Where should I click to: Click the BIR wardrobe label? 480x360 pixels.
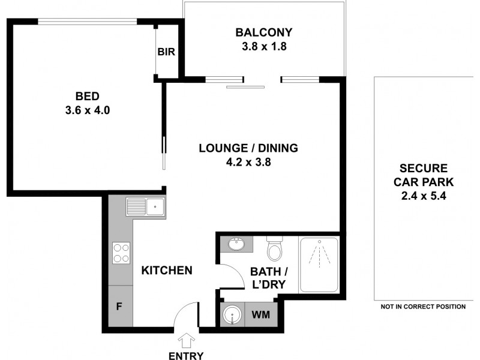tap(166, 52)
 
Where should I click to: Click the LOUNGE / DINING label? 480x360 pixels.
tap(248, 148)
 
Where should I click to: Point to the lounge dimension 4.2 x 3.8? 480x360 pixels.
tap(248, 161)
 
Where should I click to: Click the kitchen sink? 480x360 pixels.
tap(146, 208)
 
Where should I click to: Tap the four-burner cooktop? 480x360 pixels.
tap(121, 252)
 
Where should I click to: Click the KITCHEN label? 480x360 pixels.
tap(167, 271)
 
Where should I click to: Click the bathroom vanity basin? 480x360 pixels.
tap(236, 244)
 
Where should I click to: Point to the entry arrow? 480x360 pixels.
tap(185, 339)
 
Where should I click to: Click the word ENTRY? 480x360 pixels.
tap(185, 355)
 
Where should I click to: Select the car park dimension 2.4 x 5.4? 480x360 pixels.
tap(423, 195)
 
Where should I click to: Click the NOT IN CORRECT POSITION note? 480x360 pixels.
tap(423, 307)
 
